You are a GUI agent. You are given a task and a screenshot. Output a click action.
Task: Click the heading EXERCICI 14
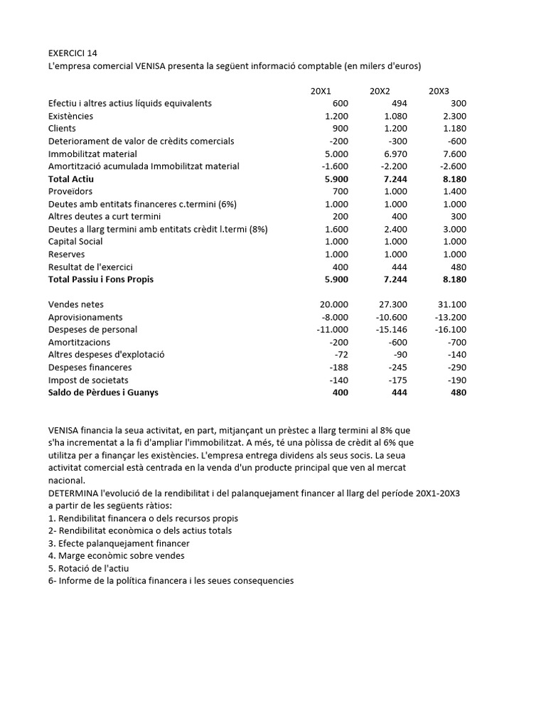point(73,53)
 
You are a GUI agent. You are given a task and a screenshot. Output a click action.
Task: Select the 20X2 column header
point(380,91)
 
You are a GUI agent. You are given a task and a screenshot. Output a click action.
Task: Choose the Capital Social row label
point(75,241)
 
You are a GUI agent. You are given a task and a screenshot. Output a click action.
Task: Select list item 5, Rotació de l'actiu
point(88,568)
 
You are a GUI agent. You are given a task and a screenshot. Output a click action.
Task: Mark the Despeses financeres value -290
point(456,368)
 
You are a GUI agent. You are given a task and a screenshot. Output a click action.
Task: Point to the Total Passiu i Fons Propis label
point(100,279)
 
